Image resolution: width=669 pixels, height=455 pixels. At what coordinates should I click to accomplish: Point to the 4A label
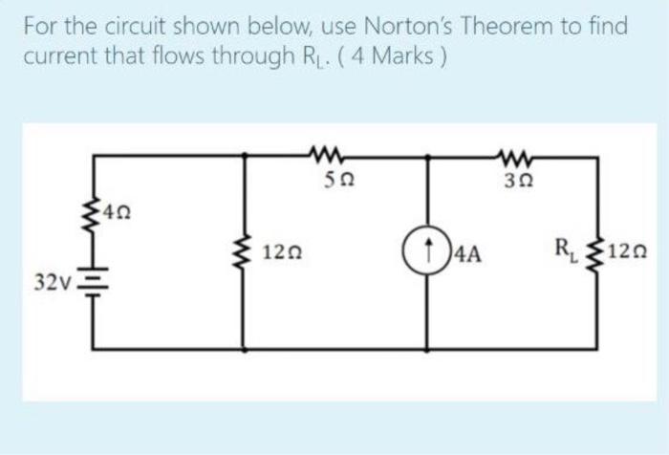click(x=468, y=255)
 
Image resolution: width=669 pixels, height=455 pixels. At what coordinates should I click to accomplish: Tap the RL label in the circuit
click(x=567, y=253)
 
